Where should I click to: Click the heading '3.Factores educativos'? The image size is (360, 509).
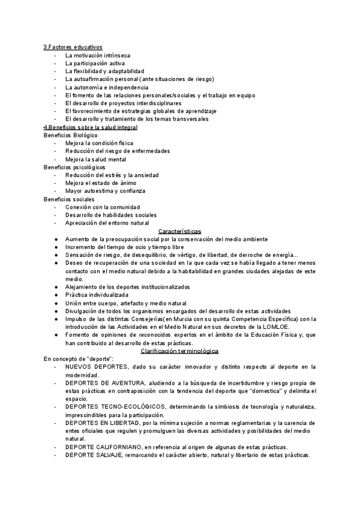(73, 47)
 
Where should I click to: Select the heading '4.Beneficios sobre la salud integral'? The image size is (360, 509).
(90, 127)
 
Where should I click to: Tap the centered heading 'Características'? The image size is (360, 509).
(179, 231)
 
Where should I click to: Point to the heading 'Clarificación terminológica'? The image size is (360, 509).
(179, 351)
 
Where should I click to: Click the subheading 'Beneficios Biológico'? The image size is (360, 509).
(71, 136)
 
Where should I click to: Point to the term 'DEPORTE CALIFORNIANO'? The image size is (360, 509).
(103, 447)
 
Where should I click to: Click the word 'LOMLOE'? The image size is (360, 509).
(277, 327)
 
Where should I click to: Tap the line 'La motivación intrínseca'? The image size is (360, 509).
(98, 55)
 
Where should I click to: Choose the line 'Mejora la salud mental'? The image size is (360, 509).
(96, 159)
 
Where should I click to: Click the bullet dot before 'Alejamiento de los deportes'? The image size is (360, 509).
(56, 287)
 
